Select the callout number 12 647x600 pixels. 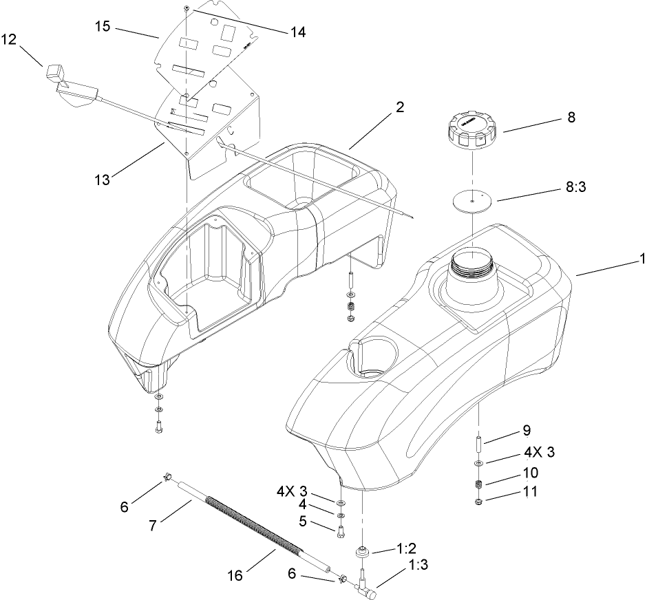(x=9, y=40)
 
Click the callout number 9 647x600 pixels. (x=526, y=431)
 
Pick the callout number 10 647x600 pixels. (x=530, y=473)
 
